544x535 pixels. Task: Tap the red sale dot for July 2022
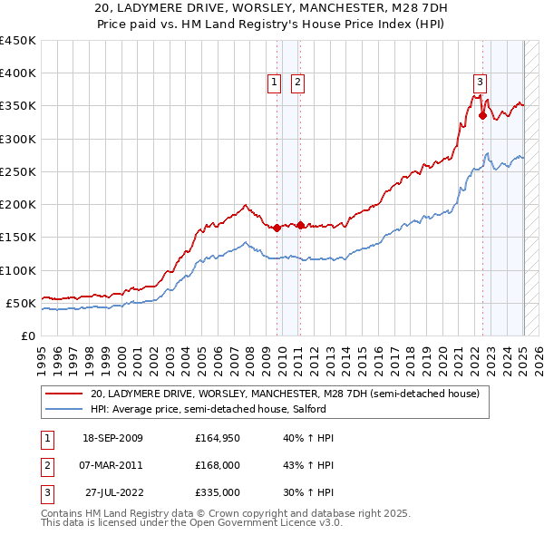click(x=483, y=115)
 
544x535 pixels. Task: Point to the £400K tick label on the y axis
click(x=18, y=73)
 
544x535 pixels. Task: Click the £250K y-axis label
click(x=18, y=171)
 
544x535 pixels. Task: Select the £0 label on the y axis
click(x=28, y=336)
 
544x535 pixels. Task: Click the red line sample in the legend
click(x=64, y=394)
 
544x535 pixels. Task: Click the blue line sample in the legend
click(x=64, y=409)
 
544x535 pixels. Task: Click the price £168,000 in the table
click(x=217, y=465)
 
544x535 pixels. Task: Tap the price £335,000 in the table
click(x=217, y=492)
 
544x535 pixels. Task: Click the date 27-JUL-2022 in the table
click(x=112, y=492)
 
